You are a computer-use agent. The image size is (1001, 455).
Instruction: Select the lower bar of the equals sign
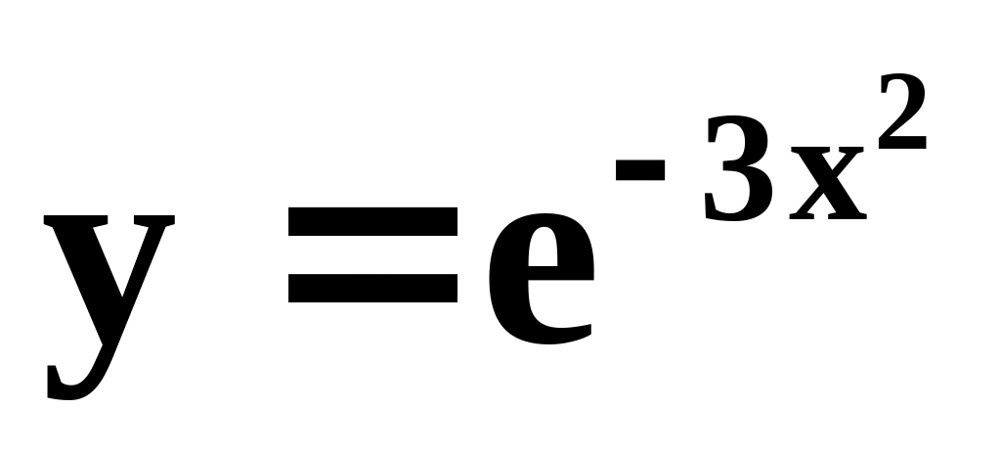click(372, 289)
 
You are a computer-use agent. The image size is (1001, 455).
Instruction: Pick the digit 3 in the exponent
click(736, 172)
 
